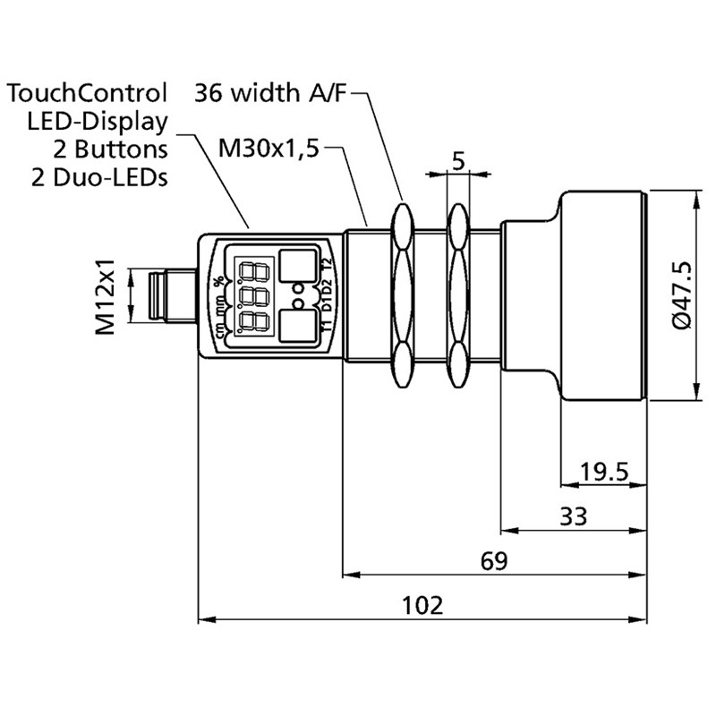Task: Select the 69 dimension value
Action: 493,561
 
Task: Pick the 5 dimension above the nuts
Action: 457,162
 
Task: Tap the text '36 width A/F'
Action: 269,92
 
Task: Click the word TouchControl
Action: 87,92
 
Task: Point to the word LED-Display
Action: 98,120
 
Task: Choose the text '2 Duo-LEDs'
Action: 99,176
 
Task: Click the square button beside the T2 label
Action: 295,266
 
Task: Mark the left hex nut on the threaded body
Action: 400,295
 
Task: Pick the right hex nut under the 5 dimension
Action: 457,295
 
